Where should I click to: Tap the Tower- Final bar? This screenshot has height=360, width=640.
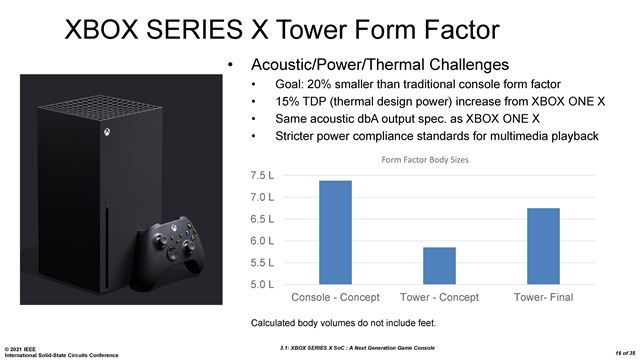(x=543, y=246)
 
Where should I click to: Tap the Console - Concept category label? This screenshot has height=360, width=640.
(x=336, y=299)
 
